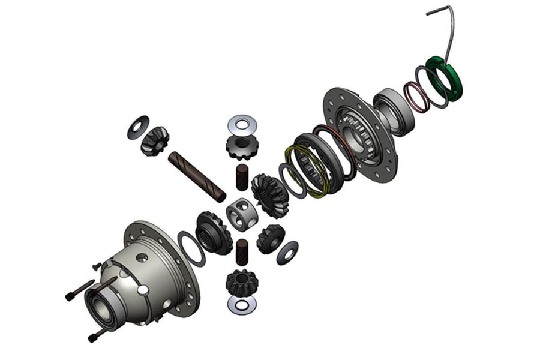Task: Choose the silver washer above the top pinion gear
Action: pos(242,125)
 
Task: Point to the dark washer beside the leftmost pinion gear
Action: pos(139,127)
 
